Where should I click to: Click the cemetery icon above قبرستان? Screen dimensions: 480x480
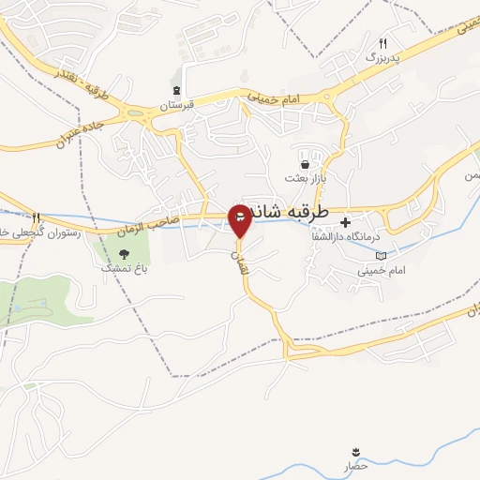tap(174, 91)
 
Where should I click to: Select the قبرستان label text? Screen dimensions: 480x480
tap(175, 106)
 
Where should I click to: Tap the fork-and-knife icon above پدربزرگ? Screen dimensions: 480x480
tap(382, 44)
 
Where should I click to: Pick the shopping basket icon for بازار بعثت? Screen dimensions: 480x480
tap(304, 163)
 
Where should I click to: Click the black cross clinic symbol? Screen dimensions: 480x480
tap(346, 223)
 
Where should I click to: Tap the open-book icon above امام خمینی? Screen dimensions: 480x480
tap(380, 255)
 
